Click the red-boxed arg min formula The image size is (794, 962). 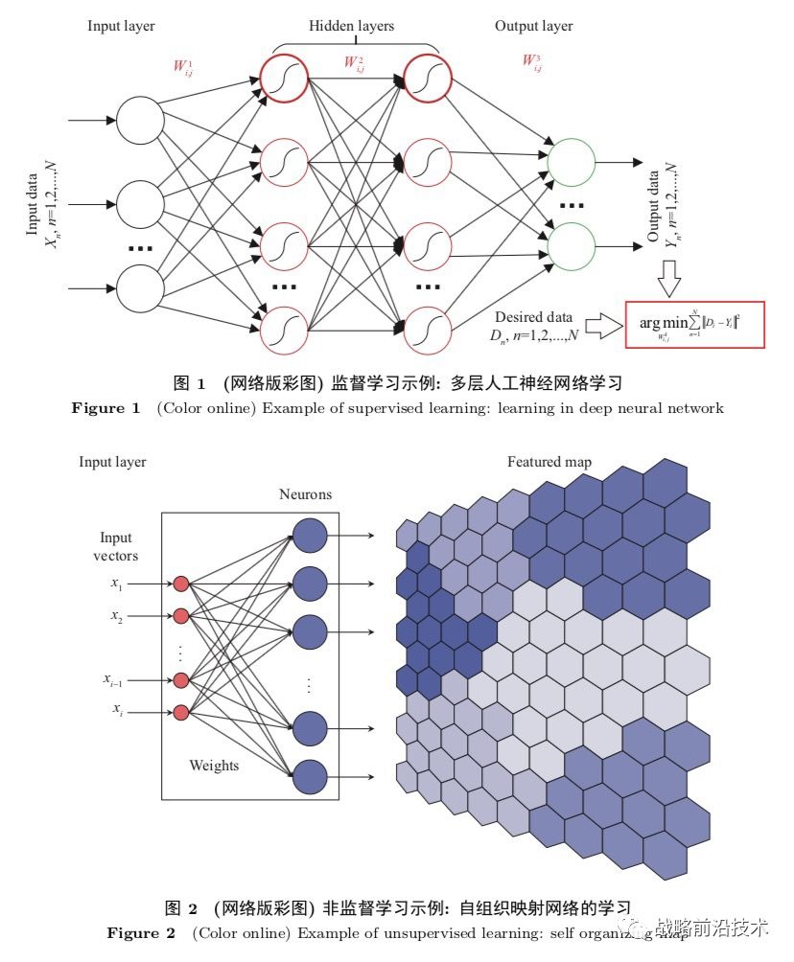pos(694,322)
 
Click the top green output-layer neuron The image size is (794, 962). pos(571,159)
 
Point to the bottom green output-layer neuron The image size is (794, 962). pos(571,245)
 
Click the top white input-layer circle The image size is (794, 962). pos(139,122)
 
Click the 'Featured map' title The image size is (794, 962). pos(549,463)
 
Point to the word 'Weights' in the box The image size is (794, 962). pos(214,766)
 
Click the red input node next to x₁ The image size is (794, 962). pos(179,583)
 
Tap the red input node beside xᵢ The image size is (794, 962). pos(179,711)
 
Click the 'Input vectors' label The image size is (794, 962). pos(115,547)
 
